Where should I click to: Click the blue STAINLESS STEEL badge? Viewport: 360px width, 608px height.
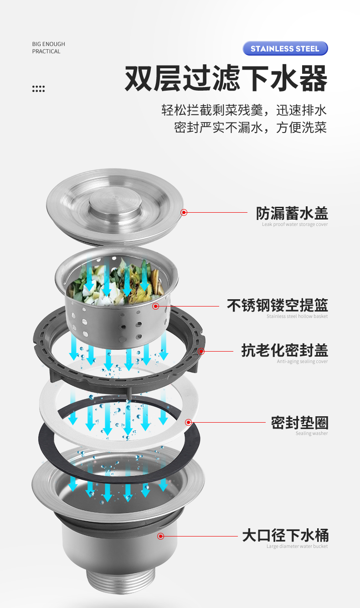click(285, 48)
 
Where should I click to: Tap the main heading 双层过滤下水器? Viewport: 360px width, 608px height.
click(226, 78)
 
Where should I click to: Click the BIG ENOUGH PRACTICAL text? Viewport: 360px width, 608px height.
click(48, 48)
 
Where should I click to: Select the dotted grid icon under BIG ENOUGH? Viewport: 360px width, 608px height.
click(38, 88)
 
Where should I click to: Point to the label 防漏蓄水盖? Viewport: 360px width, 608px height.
click(292, 213)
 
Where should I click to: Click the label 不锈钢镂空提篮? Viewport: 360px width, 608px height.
click(277, 305)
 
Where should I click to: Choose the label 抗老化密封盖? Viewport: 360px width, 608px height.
click(284, 351)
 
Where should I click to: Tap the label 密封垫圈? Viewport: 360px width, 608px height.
click(299, 423)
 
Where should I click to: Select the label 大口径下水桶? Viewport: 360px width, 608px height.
click(285, 535)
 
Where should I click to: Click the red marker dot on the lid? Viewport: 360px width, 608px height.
click(184, 212)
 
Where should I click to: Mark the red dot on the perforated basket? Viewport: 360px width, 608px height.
click(156, 306)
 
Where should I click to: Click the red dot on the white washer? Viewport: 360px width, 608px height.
click(188, 423)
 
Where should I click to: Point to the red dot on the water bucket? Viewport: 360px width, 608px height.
click(160, 536)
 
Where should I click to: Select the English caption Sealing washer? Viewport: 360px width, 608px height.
click(312, 434)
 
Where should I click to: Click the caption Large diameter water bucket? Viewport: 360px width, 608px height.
click(297, 546)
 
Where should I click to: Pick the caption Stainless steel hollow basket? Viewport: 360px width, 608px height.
click(297, 316)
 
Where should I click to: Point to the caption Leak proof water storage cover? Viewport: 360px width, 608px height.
click(295, 224)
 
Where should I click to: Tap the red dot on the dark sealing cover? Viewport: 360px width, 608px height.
click(201, 351)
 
